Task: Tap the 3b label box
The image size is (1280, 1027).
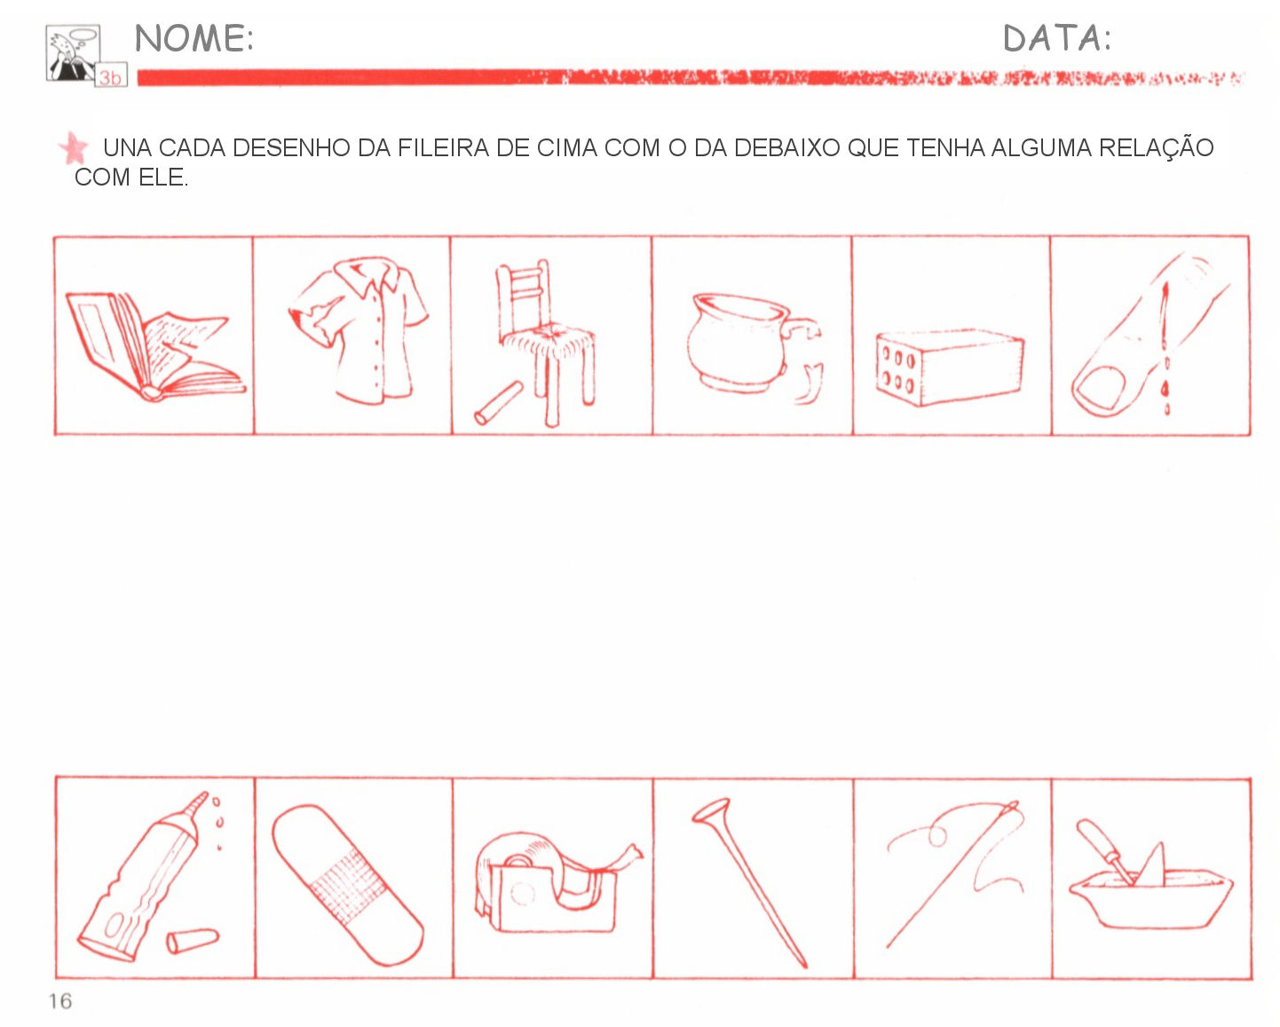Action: coord(111,75)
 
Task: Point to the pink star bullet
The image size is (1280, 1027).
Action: coord(74,147)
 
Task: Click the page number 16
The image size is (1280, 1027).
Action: coord(60,1001)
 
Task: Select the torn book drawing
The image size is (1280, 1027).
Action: coord(154,345)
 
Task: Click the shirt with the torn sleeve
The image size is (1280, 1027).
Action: coord(358,330)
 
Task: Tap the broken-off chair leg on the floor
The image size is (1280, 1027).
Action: coord(499,403)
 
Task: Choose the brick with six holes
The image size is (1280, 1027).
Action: coord(949,367)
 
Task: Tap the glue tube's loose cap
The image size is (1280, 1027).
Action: coord(192,940)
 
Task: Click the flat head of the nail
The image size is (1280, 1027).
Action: coord(711,811)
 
